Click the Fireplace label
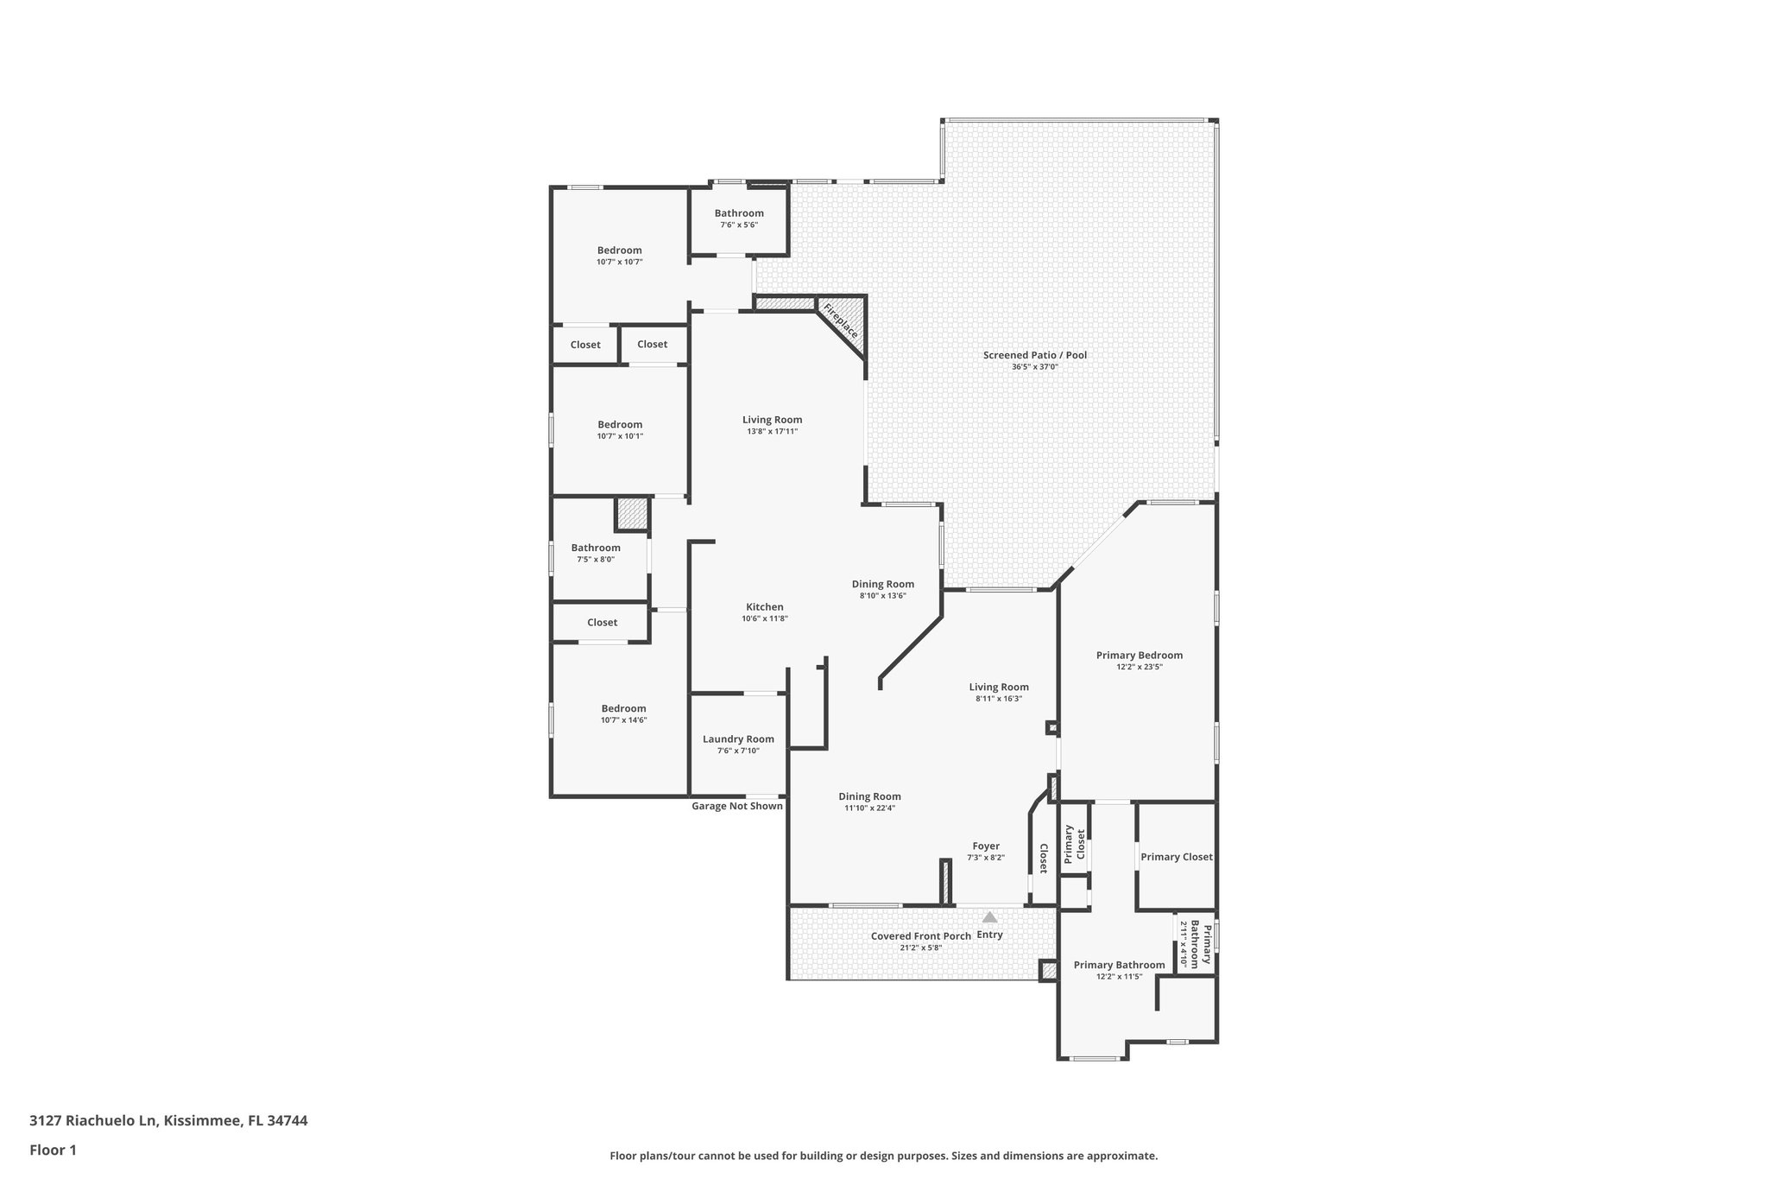(x=840, y=320)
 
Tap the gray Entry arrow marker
(x=989, y=917)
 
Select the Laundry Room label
(x=738, y=739)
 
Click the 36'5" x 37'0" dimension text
(x=1034, y=367)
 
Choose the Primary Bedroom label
(x=1139, y=656)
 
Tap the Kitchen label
(x=764, y=607)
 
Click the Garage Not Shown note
(x=736, y=807)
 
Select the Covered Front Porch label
(x=920, y=936)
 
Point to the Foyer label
(x=985, y=846)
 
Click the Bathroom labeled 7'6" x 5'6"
(x=738, y=213)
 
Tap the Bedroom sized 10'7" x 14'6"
(x=623, y=709)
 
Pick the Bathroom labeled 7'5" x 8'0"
(x=595, y=548)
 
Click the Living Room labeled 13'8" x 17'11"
(x=772, y=420)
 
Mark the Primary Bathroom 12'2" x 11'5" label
(x=1119, y=966)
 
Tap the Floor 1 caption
(x=53, y=1150)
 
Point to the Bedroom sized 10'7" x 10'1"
(x=620, y=425)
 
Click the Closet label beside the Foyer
(x=1043, y=859)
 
